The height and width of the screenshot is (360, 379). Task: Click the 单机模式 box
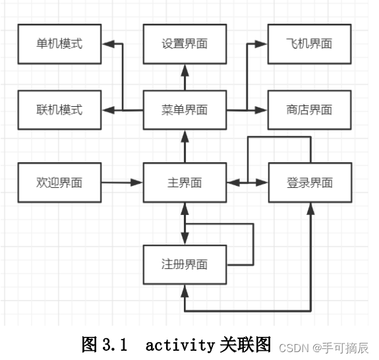59,44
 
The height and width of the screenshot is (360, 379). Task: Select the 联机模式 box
59,110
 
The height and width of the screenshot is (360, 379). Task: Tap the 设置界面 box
185,44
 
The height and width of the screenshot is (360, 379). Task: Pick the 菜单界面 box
185,110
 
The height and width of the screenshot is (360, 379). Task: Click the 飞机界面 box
309,44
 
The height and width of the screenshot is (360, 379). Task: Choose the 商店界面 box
309,110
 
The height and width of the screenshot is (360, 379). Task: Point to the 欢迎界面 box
59,183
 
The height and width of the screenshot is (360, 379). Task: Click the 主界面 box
185,183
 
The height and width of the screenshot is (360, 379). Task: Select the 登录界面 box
309,183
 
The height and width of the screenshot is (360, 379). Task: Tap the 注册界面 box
185,264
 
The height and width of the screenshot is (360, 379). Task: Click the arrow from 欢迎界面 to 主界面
122,183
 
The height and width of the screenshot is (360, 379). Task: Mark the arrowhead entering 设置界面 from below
185,67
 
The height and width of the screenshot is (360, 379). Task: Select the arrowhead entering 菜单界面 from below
185,135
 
